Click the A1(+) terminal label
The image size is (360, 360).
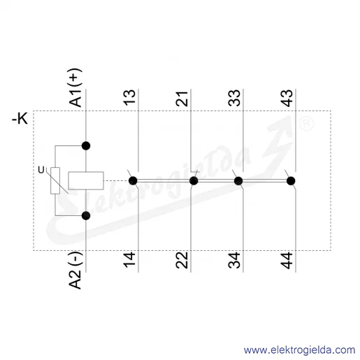pos(75,87)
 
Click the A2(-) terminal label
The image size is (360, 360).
pos(75,271)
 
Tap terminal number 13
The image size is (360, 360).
pos(129,98)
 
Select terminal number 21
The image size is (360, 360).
pos(182,99)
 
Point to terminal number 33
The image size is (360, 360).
pos(234,98)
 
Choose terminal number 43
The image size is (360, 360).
pos(287,98)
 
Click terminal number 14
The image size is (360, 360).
pos(129,260)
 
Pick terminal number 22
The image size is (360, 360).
pos(182,260)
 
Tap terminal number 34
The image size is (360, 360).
pos(234,260)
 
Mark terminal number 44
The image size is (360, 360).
pos(287,260)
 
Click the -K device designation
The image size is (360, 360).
pos(20,118)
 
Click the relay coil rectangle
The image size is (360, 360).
pos(86,180)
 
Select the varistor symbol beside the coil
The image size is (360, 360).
pos(55,180)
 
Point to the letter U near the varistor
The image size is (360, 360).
pos(41,170)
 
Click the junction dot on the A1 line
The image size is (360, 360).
pos(86,146)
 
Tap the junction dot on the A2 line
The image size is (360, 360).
pos(86,216)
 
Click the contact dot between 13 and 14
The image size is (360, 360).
pos(133,180)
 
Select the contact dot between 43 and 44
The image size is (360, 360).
pos(291,181)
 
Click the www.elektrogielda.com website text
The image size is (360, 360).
pos(299,350)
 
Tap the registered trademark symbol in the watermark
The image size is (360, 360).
pos(306,124)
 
